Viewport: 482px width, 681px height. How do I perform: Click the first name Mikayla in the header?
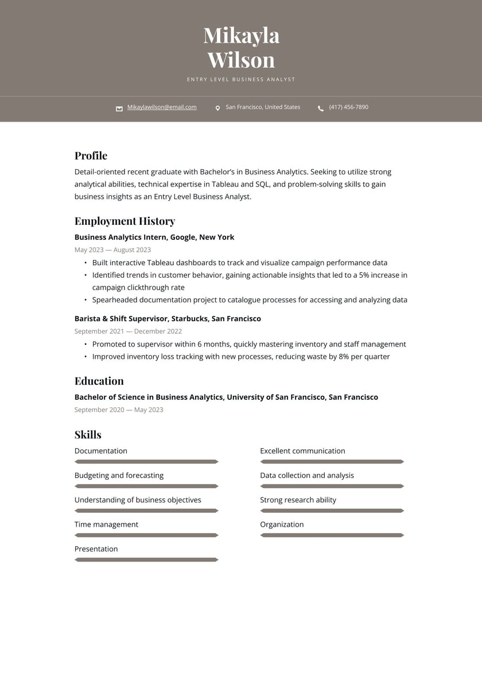coord(241,36)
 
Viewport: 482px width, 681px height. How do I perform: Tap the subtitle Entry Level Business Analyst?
coord(241,80)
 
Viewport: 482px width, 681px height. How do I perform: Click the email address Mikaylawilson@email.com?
coord(162,107)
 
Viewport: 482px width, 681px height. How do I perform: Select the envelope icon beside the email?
coord(119,108)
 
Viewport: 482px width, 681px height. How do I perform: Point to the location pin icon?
coord(217,108)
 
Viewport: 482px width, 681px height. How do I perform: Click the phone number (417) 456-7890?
coord(348,107)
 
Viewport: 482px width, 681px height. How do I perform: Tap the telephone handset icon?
coord(321,108)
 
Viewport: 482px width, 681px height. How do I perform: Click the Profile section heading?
coord(91,156)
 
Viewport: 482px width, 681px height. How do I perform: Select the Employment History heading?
coord(125,221)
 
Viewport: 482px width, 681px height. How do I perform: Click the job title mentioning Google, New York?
coord(154,238)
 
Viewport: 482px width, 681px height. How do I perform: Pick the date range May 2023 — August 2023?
coord(112,250)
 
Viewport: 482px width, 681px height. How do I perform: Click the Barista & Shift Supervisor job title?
coord(168,319)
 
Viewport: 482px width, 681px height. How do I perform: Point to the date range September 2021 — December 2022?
coord(128,332)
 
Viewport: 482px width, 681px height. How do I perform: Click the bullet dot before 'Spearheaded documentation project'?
coord(85,300)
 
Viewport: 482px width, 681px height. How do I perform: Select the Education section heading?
coord(99,382)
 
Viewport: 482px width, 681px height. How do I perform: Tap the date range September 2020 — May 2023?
coord(119,410)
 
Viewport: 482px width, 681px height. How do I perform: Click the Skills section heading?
coord(88,435)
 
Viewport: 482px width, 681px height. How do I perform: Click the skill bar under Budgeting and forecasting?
coord(146,487)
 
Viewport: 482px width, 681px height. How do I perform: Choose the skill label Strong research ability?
coord(298,500)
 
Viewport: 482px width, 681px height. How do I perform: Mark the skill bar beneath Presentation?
coord(146,560)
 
